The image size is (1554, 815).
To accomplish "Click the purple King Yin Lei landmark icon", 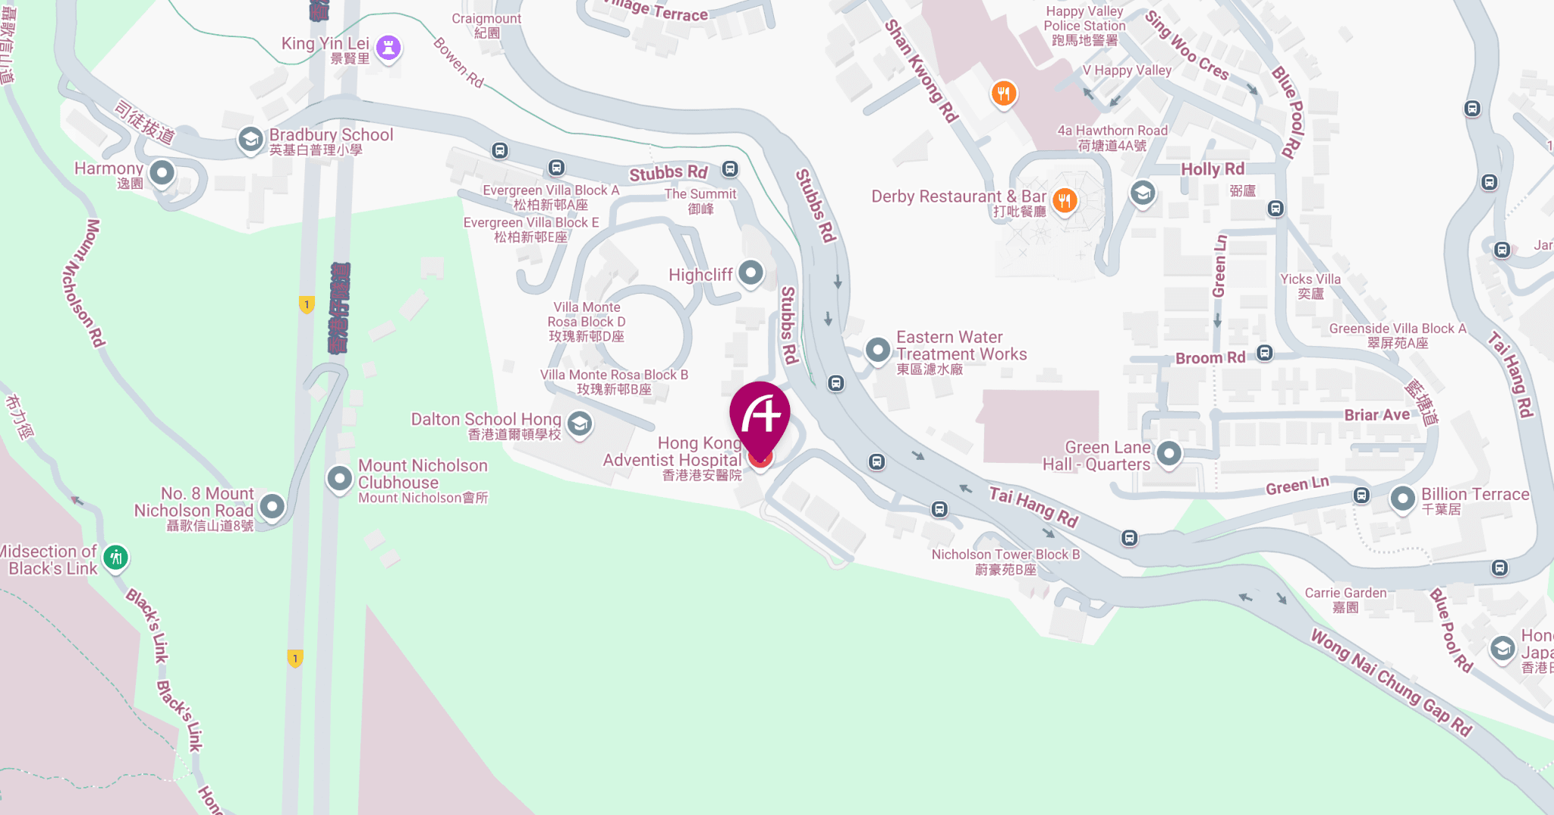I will (388, 48).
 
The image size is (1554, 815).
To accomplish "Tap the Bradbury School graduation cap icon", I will (250, 140).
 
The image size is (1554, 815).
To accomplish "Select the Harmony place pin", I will (162, 173).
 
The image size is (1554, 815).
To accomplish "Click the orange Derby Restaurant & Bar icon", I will (1065, 200).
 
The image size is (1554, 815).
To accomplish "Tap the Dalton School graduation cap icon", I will (580, 423).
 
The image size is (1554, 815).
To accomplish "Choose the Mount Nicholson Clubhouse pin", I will (339, 478).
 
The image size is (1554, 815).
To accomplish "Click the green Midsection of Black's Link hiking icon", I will (115, 559).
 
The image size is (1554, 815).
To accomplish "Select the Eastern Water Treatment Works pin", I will (878, 350).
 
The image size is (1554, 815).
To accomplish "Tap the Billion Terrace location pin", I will (1402, 499).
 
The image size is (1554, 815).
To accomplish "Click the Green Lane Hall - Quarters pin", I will (1169, 454).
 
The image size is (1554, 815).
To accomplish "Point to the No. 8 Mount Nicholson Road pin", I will (272, 505).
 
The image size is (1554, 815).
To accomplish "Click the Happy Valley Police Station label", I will (1084, 26).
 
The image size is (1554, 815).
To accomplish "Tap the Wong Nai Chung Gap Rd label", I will (1392, 683).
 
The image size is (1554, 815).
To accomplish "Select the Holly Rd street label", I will (1213, 169).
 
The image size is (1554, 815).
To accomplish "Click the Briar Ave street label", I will (1376, 415).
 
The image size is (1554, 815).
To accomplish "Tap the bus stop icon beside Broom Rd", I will (1265, 353).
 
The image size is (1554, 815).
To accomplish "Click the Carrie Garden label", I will (1345, 599).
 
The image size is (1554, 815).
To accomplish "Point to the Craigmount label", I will (486, 25).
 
